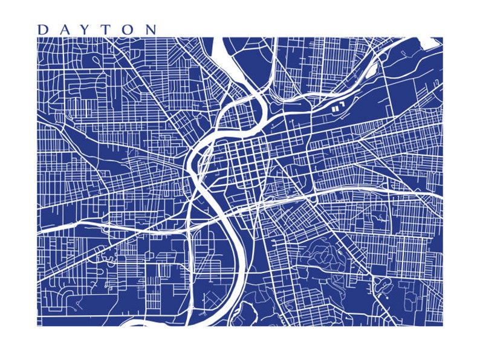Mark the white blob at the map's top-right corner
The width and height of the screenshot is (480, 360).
click(x=433, y=42)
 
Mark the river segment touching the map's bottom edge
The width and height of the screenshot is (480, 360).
click(x=136, y=323)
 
